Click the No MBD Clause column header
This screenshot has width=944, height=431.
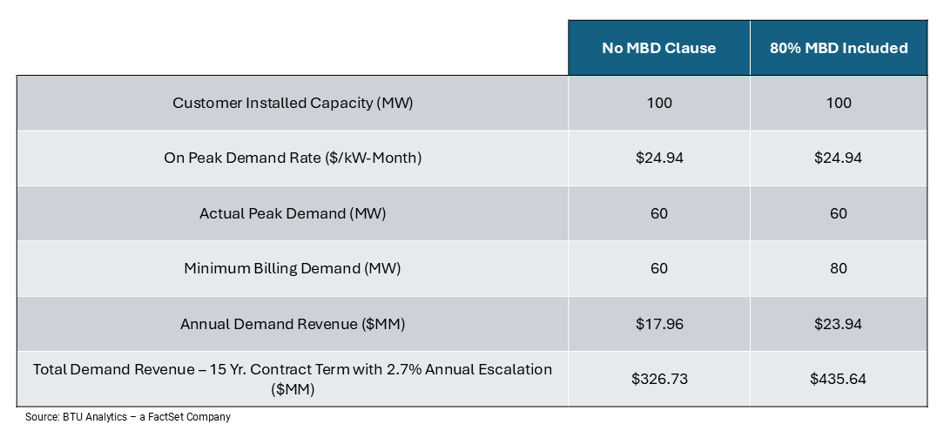coord(658,48)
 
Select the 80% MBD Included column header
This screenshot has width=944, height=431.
coord(839,48)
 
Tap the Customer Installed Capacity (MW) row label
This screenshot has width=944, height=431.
coord(293,103)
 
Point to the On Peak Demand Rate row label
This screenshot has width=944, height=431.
coord(293,158)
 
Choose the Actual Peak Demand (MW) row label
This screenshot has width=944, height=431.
coord(293,213)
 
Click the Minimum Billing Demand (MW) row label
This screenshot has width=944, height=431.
coord(293,268)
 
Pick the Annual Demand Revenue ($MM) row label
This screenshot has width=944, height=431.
coord(293,324)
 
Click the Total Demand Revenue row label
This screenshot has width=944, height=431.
coord(293,380)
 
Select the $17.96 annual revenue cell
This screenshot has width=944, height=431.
coord(658,324)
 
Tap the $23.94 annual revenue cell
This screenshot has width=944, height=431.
coord(839,324)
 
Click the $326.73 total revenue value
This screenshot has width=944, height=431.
coord(658,380)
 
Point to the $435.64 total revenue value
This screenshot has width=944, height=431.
coord(839,380)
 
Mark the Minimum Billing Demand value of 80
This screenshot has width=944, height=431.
coord(839,268)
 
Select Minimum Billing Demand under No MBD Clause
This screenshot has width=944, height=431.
coord(658,268)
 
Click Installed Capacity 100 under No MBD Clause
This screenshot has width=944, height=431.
coord(658,103)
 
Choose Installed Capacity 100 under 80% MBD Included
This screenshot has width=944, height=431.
coord(839,103)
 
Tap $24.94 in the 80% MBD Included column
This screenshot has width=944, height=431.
coord(839,158)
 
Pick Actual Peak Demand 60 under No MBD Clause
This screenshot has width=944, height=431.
coord(658,213)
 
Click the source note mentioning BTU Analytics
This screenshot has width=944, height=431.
coord(128,417)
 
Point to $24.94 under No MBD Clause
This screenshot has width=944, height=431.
coord(658,158)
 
